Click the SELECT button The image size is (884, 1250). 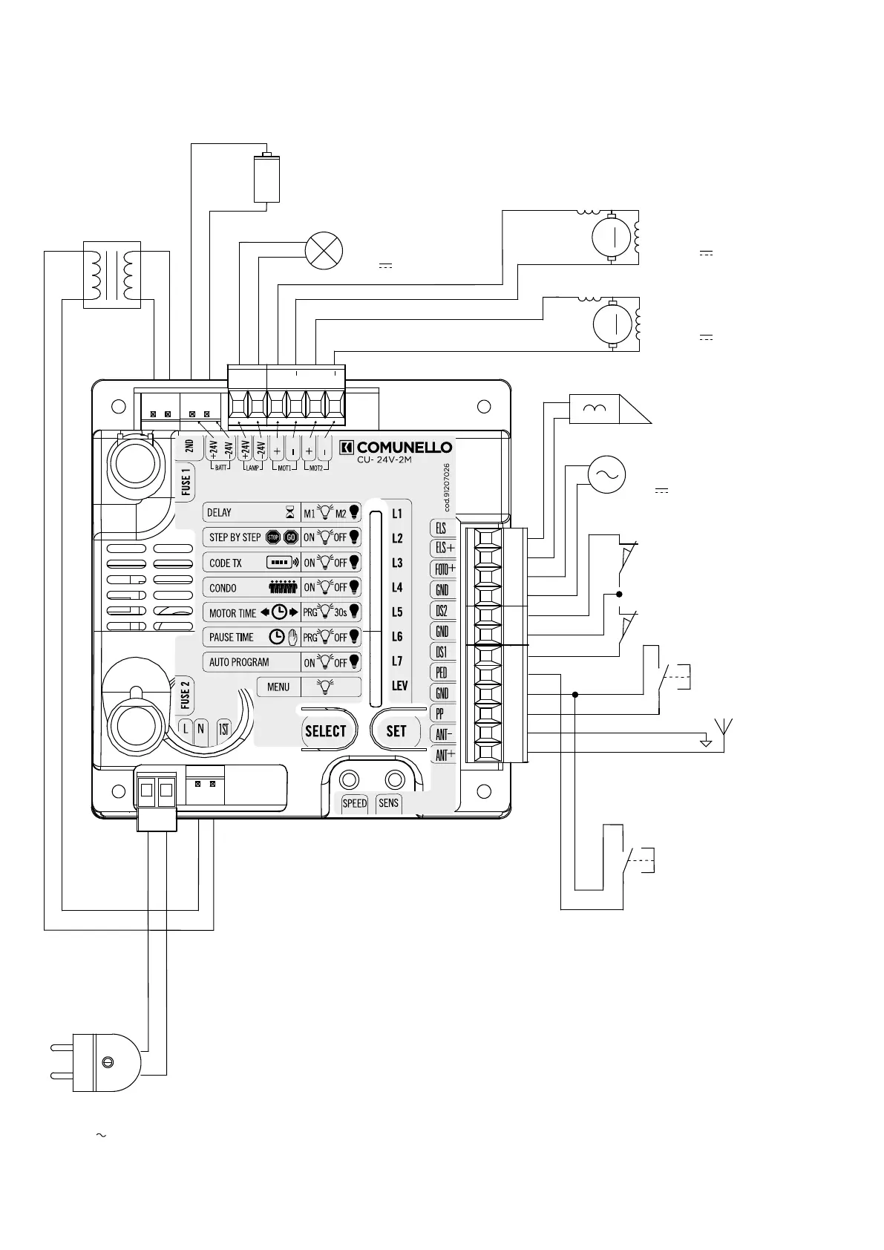[326, 731]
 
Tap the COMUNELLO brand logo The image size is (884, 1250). [396, 448]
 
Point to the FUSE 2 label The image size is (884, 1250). [185, 694]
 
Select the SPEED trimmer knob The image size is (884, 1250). [349, 780]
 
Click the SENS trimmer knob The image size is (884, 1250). [394, 780]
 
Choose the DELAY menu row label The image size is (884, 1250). [220, 513]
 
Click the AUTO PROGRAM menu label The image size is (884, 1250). [239, 662]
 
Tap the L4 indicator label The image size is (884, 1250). [397, 588]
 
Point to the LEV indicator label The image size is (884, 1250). [399, 686]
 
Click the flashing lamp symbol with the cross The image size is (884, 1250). [324, 250]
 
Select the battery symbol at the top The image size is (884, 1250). [266, 177]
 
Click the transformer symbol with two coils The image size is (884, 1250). [111, 274]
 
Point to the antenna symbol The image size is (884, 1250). [723, 732]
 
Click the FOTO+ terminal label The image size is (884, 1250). [445, 569]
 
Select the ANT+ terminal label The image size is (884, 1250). [445, 756]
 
